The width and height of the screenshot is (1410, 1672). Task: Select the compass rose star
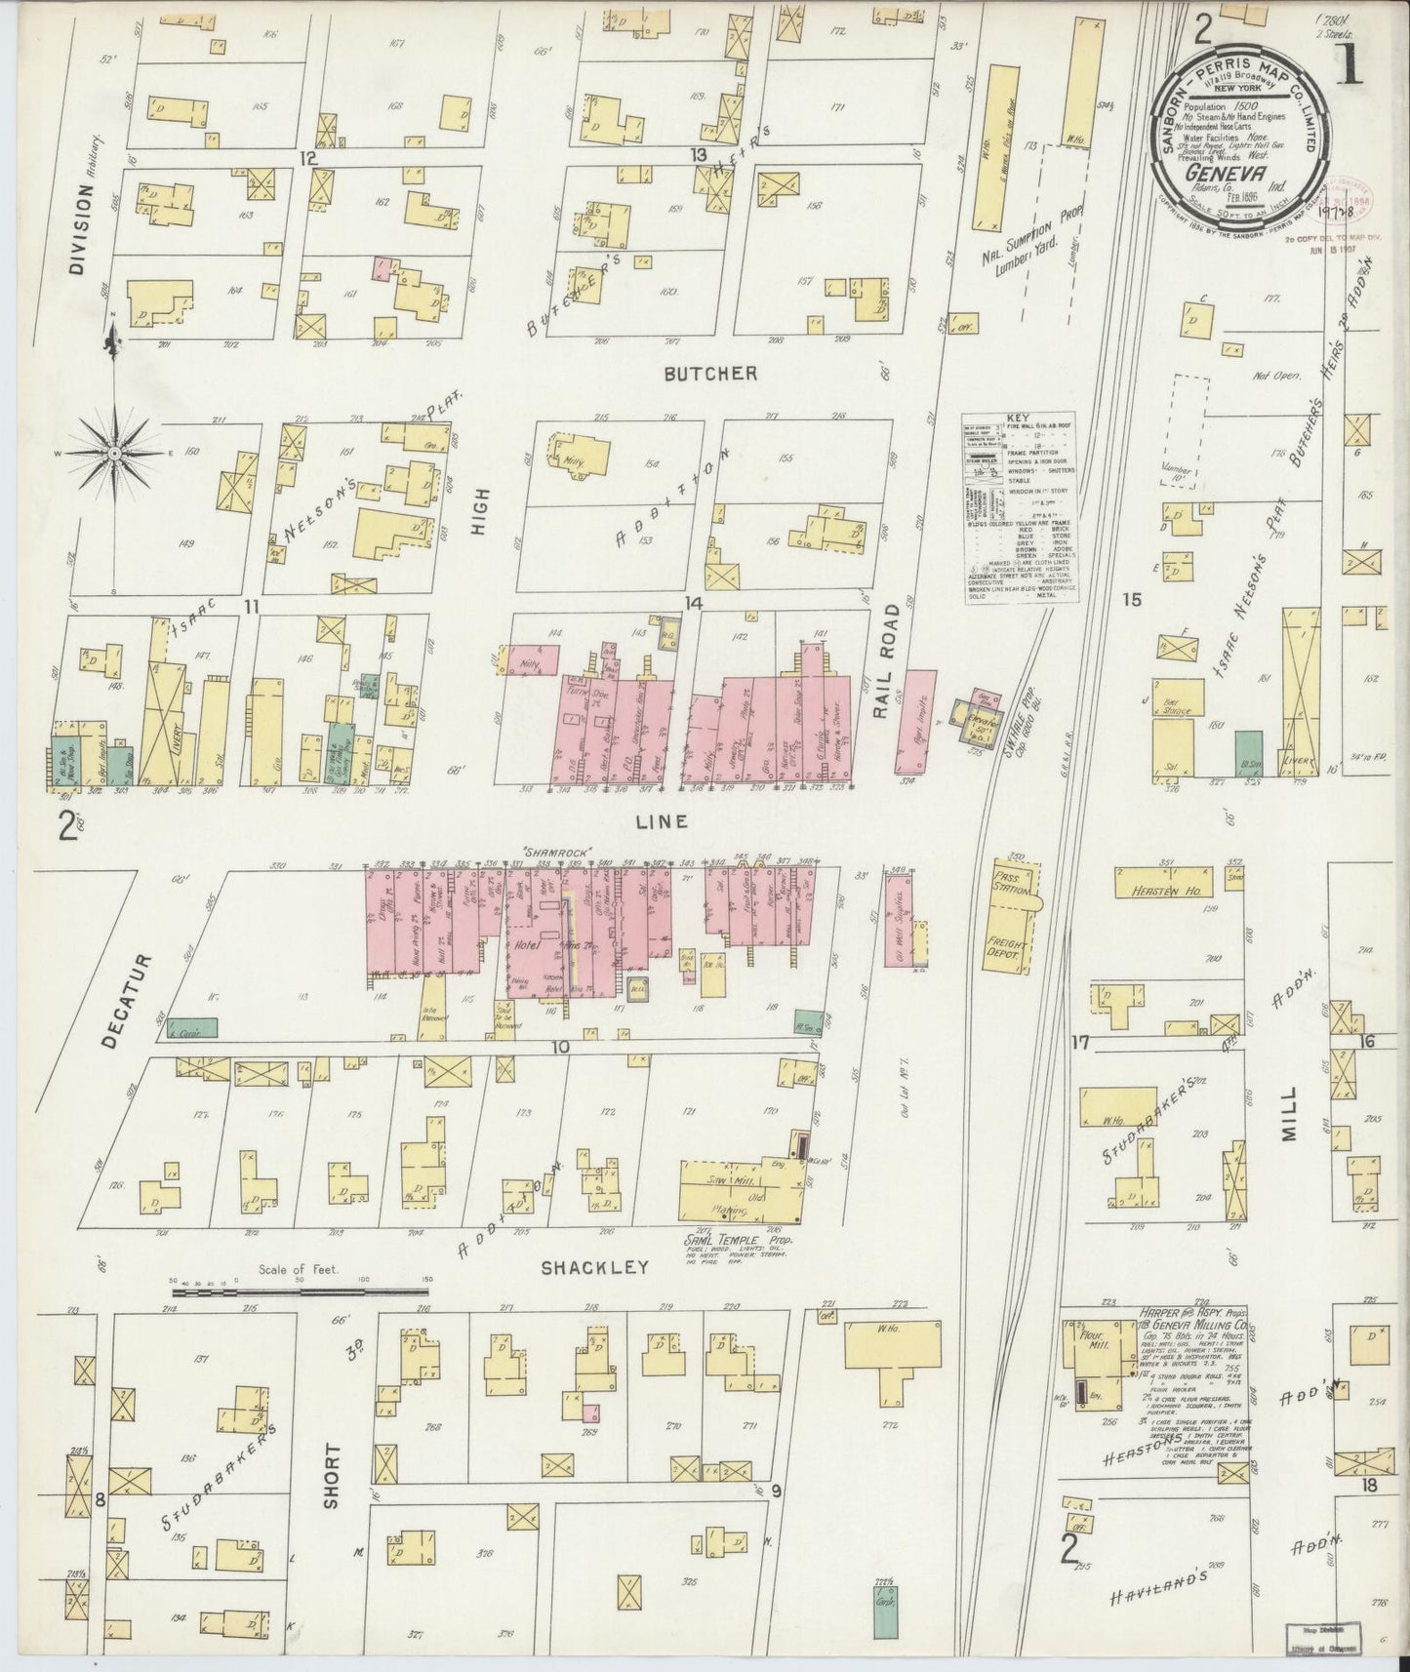(x=115, y=454)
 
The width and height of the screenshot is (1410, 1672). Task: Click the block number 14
(x=694, y=604)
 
